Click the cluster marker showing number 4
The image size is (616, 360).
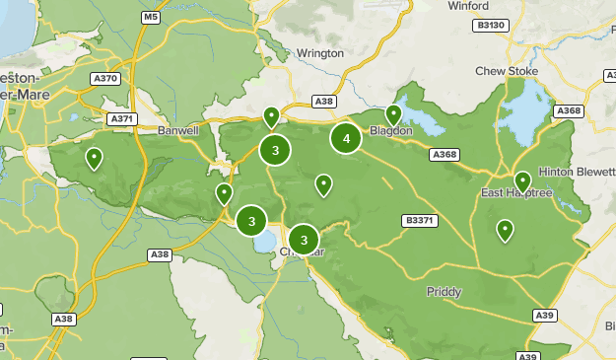(x=346, y=139)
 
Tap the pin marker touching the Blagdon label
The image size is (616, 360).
(x=394, y=115)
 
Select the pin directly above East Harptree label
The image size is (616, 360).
(x=522, y=181)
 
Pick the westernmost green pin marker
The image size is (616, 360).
(x=94, y=157)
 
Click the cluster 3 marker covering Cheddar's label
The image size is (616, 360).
(x=304, y=239)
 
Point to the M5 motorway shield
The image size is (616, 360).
(x=150, y=18)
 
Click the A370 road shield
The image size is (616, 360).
(x=103, y=78)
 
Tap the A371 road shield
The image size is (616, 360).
(x=122, y=118)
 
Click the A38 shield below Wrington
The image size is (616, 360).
(x=323, y=101)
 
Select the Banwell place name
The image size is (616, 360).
(x=178, y=129)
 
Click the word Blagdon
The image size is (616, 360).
(x=389, y=131)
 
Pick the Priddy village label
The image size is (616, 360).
(x=444, y=292)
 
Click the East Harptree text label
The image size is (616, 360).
(x=515, y=193)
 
